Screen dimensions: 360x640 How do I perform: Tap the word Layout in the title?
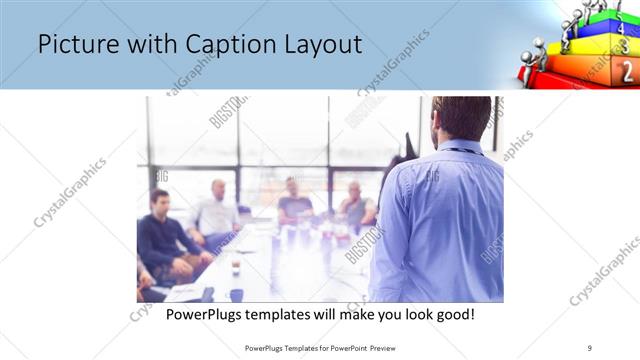pyautogui.click(x=317, y=45)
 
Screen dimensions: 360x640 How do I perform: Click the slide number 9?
pyautogui.click(x=590, y=347)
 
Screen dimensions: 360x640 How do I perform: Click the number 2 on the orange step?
pyautogui.click(x=626, y=70)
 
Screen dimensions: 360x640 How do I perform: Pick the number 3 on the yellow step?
pyautogui.click(x=625, y=46)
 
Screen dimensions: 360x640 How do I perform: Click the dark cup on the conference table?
pyautogui.click(x=236, y=294)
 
